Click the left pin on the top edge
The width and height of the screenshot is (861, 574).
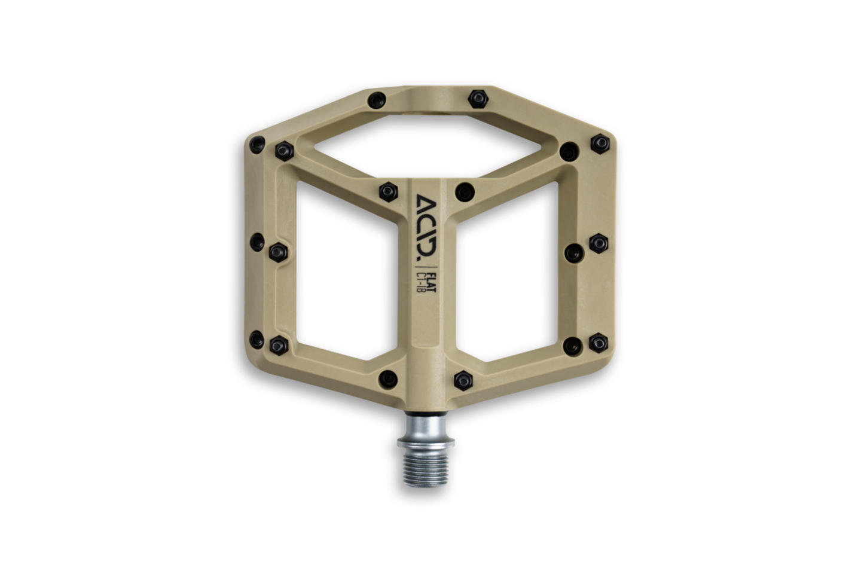375,98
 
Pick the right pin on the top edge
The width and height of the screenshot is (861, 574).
477,97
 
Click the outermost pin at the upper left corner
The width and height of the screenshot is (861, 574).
258,142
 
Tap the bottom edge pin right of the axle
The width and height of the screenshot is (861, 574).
463,378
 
